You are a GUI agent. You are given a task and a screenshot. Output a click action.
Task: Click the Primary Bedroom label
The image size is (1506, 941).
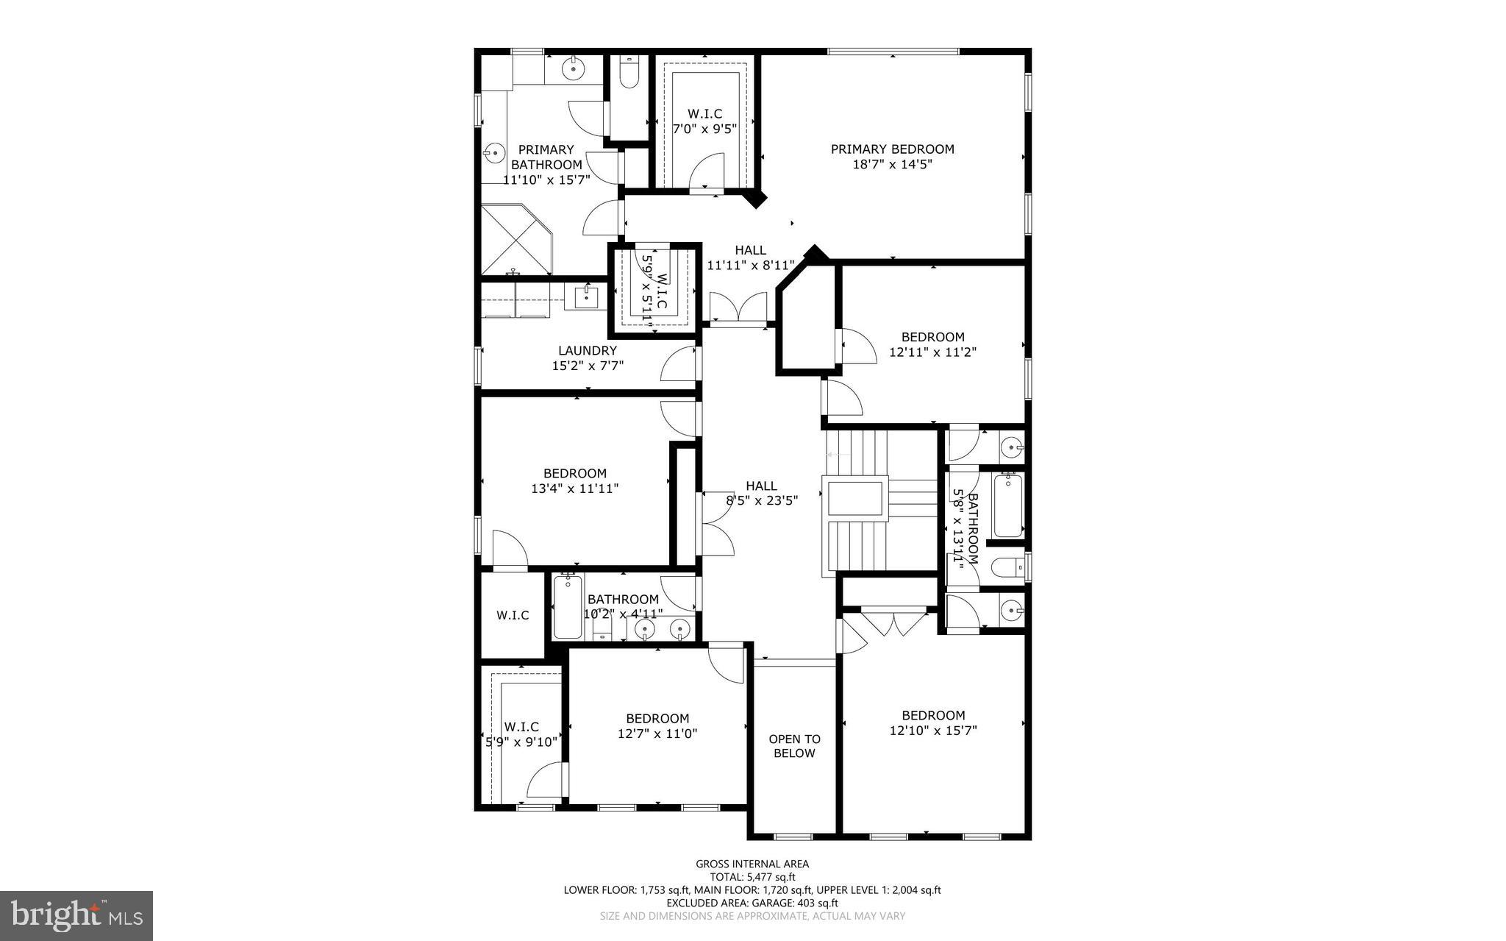(x=892, y=149)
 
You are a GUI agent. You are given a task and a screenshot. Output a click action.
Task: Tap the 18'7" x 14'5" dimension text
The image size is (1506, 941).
(x=892, y=165)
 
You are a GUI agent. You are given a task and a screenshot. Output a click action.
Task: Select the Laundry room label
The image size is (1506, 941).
(x=587, y=351)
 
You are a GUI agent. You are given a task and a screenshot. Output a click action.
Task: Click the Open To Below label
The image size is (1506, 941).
(x=794, y=746)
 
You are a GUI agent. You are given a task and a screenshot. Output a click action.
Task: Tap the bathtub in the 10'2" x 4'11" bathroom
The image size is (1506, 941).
(x=567, y=607)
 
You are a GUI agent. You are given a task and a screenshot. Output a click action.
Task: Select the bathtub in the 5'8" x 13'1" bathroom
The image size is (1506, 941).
(x=1008, y=506)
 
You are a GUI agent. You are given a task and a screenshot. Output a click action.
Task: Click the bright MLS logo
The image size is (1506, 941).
(x=76, y=915)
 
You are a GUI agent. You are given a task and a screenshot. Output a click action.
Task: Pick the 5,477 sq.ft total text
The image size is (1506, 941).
(x=752, y=877)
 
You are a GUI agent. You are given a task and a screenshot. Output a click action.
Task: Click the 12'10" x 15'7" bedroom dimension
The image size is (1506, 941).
(x=933, y=731)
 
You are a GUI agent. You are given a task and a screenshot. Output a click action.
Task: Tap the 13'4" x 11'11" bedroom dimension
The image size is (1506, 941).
(x=574, y=488)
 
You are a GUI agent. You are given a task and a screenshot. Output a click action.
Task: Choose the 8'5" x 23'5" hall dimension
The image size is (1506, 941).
(x=762, y=501)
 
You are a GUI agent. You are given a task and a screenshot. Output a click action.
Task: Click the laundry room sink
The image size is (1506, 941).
(x=586, y=298)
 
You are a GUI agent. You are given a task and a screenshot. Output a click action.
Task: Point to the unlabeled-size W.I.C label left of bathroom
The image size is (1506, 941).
(x=512, y=615)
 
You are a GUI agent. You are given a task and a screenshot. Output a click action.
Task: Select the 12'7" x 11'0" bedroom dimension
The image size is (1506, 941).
(x=657, y=734)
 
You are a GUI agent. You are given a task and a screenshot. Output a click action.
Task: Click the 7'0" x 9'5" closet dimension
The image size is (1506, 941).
(x=704, y=128)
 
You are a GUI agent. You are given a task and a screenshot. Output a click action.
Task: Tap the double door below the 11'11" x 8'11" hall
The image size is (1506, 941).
(x=738, y=307)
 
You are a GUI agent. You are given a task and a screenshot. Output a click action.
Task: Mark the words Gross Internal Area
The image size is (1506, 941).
(x=752, y=864)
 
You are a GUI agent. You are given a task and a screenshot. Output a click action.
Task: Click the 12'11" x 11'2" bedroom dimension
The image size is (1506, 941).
(x=932, y=352)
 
